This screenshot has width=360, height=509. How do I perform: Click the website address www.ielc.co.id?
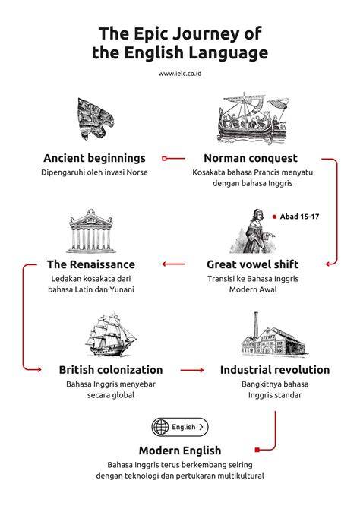coord(180,74)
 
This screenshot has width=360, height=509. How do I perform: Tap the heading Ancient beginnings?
coord(94,158)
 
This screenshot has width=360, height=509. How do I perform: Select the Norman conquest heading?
coord(251,158)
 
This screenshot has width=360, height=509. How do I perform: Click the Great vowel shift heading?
coord(253,264)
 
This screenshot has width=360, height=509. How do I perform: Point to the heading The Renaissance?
coord(91,264)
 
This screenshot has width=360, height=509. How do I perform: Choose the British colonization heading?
coord(111,370)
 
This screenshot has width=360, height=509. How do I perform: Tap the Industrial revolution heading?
coord(275,370)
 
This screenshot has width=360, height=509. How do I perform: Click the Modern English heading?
coord(180,451)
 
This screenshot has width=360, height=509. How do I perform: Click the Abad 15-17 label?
coord(300,217)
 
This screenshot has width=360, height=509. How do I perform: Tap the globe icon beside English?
coord(161,427)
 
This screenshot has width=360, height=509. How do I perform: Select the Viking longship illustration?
coord(253,119)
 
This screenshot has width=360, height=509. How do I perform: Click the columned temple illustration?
coord(91,231)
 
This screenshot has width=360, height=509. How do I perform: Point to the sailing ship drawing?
coord(111,334)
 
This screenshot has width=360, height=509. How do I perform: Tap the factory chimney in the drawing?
coord(256,324)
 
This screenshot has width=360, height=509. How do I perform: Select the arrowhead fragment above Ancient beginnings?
coord(96,119)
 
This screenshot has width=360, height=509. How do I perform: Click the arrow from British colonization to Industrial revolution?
coord(192,370)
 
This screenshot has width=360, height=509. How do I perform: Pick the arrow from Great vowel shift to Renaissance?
coord(173,264)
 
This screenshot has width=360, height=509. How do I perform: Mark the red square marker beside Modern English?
coord(257,450)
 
